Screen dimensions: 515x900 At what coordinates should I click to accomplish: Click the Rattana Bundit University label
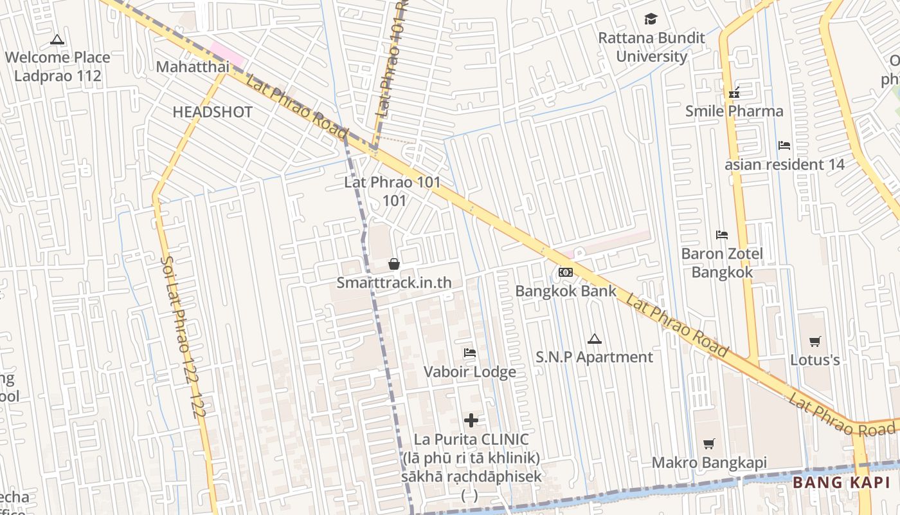click(651, 47)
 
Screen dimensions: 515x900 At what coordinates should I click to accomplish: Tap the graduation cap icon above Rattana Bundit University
click(651, 19)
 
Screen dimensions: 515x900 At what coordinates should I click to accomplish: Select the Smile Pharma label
click(734, 111)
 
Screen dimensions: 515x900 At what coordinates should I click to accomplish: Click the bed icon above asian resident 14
click(784, 145)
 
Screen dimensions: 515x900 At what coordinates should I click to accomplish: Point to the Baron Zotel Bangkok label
click(722, 263)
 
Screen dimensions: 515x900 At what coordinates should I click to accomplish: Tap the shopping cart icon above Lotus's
click(815, 341)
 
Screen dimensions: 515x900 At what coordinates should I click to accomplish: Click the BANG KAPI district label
click(841, 483)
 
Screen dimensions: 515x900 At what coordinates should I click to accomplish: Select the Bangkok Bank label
click(566, 291)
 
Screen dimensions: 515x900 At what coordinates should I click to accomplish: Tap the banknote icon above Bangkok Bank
click(566, 272)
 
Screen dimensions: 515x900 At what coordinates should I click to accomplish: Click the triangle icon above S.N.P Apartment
click(595, 339)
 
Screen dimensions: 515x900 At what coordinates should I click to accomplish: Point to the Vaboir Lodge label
click(470, 371)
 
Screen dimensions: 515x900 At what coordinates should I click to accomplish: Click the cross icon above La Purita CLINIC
click(471, 420)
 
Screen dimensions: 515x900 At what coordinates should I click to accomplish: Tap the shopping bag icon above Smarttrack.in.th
click(394, 264)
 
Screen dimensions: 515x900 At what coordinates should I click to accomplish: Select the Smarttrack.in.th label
click(394, 283)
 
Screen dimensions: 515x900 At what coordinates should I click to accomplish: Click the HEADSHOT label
click(212, 112)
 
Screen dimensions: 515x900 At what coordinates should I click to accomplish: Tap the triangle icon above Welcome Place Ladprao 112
click(57, 40)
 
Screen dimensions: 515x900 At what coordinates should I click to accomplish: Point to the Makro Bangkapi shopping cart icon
click(708, 444)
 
